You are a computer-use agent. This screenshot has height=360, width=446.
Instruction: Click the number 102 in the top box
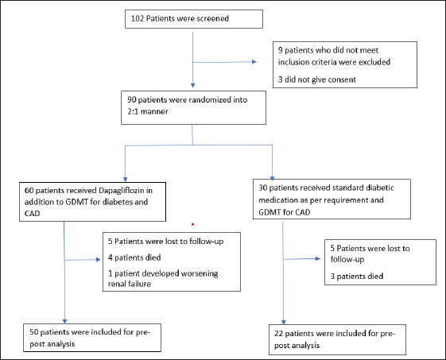point(138,18)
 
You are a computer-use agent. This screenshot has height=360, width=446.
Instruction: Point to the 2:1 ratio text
point(133,111)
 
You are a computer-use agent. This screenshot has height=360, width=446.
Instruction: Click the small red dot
point(193,224)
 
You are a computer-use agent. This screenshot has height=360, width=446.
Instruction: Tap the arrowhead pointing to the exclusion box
point(254,62)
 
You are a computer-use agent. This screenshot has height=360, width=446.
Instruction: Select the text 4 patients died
point(134,257)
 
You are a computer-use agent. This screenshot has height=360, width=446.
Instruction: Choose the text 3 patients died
point(357,276)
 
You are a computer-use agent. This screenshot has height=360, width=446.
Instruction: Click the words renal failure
point(130,284)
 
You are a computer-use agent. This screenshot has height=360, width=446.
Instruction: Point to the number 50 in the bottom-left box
point(34,332)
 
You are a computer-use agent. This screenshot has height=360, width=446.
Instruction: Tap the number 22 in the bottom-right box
point(278,334)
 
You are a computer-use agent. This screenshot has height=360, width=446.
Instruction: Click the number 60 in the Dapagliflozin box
point(29,190)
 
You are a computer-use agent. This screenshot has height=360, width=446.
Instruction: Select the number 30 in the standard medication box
point(263,188)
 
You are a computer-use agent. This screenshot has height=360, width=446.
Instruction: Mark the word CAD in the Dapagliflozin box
point(32,213)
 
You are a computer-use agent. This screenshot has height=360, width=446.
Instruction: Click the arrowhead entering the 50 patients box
point(64,321)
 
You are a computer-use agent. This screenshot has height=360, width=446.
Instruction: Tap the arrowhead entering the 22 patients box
point(284,322)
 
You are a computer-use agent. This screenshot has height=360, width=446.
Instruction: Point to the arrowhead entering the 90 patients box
point(193,85)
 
